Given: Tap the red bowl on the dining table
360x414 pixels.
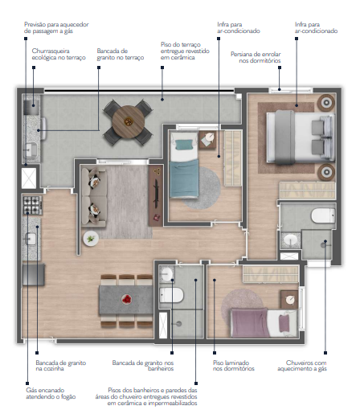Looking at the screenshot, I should pos(125,299).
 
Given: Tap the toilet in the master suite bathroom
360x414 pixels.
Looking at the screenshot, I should pos(322,215).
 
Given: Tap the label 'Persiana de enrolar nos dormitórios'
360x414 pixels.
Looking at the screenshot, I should pos(256,58).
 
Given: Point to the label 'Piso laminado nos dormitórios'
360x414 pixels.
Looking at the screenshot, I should pos(234,367).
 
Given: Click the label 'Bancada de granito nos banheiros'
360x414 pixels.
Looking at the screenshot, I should pos(143,367).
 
